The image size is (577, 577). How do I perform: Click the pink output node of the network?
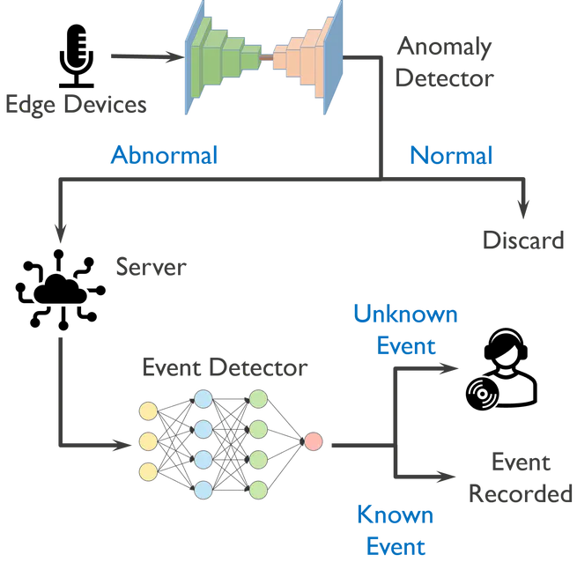(313, 440)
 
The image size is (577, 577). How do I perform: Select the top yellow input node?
(148, 410)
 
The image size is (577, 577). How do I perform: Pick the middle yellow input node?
(148, 440)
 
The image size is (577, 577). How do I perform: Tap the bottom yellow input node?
(148, 472)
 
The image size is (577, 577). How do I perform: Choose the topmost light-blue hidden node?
(203, 398)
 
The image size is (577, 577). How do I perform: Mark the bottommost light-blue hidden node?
(203, 489)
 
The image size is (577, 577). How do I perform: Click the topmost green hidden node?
(258, 399)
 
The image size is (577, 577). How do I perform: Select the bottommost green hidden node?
(258, 489)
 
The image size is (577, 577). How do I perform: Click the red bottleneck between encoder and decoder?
(267, 58)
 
